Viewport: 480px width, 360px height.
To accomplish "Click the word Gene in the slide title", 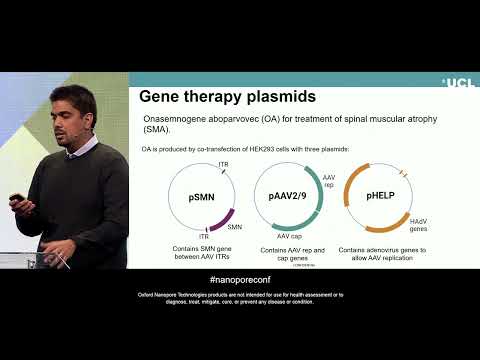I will point(160,98).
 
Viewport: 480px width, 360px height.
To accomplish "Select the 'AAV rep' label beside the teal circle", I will point(328,180).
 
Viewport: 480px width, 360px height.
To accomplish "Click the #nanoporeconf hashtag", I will point(239,282).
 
